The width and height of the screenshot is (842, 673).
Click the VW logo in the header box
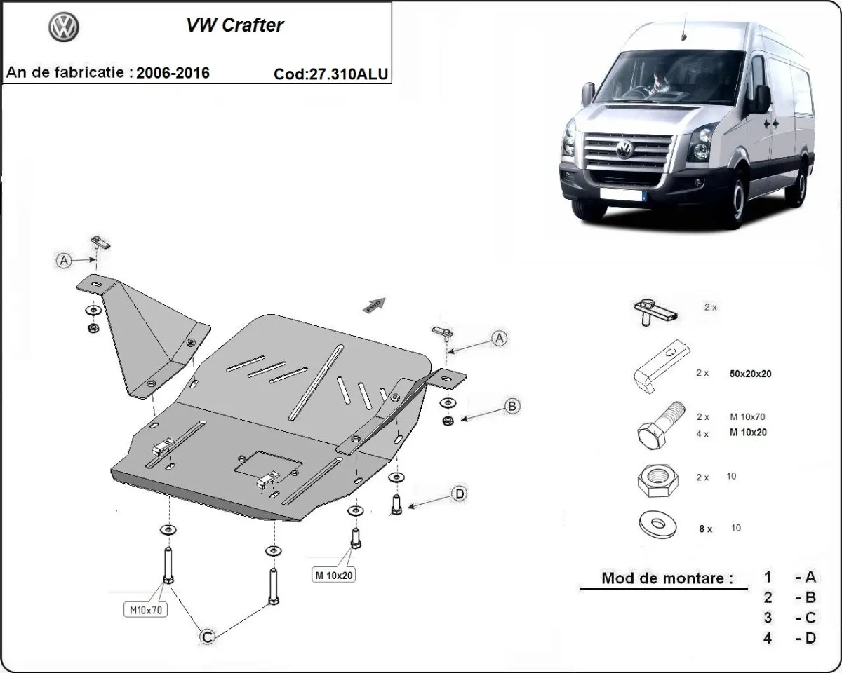click(64, 27)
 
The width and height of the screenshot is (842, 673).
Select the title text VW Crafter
click(234, 25)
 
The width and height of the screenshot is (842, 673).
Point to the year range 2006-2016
click(173, 73)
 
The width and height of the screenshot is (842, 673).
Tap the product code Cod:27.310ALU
click(331, 74)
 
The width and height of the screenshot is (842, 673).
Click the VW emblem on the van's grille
click(624, 149)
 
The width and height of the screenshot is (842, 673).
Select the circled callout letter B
click(512, 406)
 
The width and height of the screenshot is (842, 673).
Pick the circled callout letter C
click(207, 637)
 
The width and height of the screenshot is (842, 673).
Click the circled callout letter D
click(459, 494)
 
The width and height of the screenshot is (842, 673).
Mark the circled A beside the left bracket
click(64, 261)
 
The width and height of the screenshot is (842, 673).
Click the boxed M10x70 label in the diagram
click(147, 610)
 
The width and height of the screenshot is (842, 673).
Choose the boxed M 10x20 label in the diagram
click(334, 576)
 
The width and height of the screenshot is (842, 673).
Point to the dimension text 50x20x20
click(751, 374)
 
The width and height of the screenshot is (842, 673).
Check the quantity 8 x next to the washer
click(705, 529)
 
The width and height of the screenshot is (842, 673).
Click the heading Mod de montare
click(667, 579)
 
